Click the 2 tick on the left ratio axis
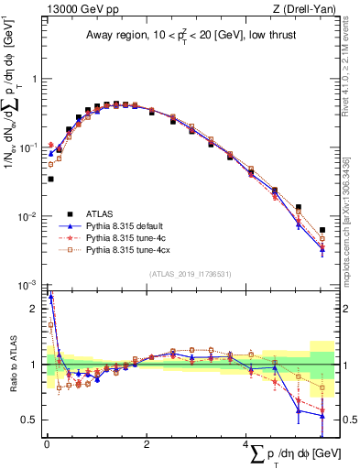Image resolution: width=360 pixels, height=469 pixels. (x=34, y=309)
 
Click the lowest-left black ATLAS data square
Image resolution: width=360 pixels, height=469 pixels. (x=50, y=180)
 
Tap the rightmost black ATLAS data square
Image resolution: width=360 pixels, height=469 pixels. (x=322, y=230)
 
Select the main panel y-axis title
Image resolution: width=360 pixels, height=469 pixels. (x=13, y=101)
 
